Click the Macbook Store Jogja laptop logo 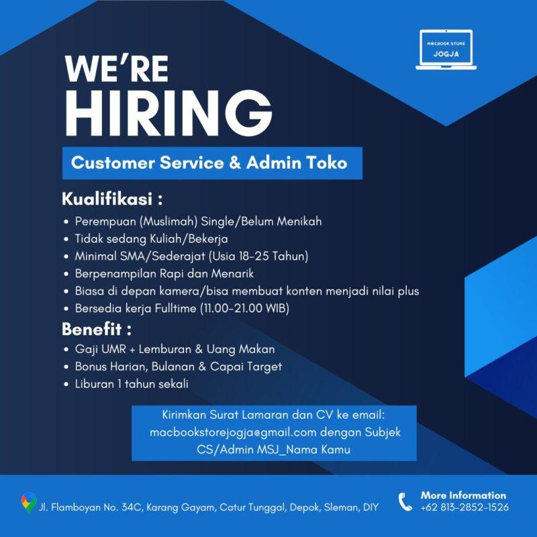(446, 50)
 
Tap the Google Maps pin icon (28, 503)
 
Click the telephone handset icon (405, 501)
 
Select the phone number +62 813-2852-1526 (465, 507)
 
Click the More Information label (463, 495)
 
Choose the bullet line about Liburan (132, 384)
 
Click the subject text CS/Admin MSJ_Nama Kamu (274, 450)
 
